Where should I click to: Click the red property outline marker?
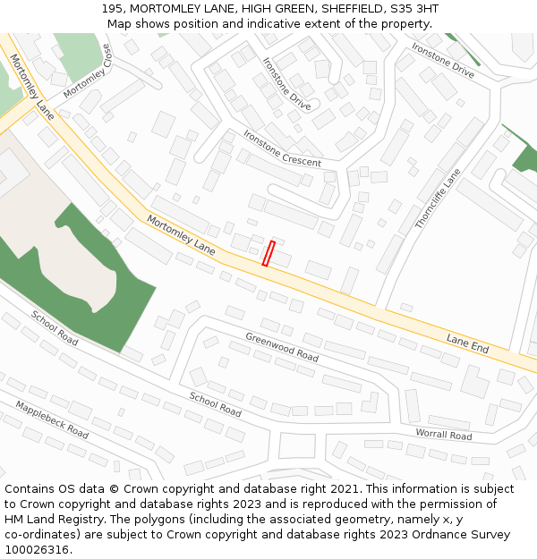click(268, 253)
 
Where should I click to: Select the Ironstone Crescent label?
click(281, 148)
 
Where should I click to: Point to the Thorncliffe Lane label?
click(438, 199)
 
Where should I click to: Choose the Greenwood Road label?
click(282, 347)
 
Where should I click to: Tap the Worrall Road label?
click(443, 435)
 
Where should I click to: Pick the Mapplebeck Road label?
click(52, 419)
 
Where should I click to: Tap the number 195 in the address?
click(112, 9)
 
